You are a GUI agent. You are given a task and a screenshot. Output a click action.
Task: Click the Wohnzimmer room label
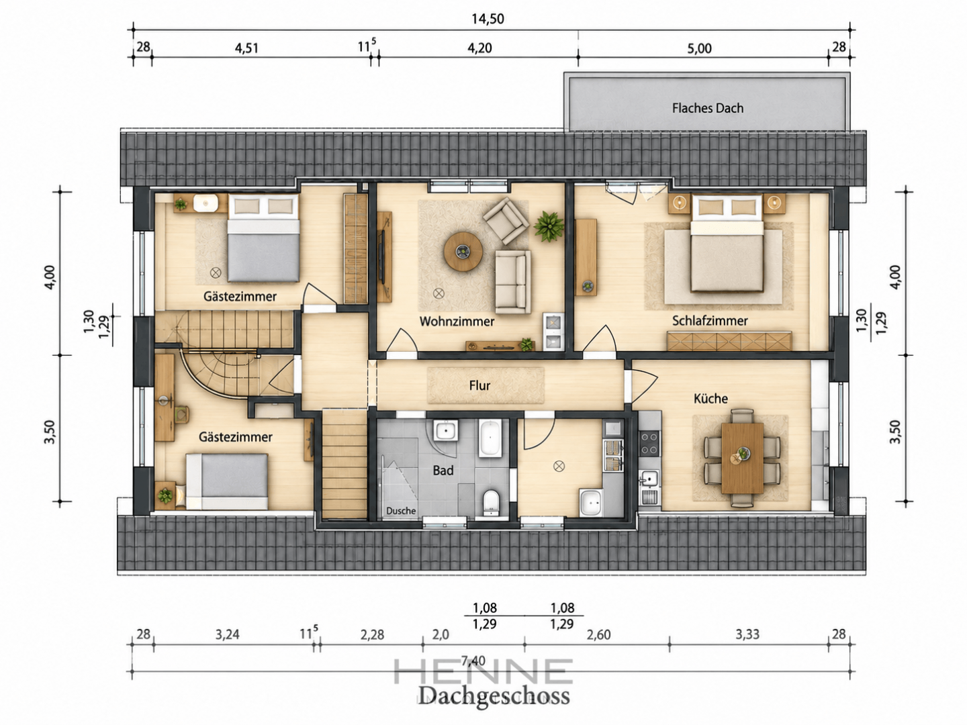[x=457, y=322]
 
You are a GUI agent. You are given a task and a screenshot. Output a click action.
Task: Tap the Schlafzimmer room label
[x=710, y=320]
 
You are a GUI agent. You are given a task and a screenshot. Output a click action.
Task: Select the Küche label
[x=710, y=398]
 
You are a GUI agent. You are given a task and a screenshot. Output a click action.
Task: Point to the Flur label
[x=479, y=385]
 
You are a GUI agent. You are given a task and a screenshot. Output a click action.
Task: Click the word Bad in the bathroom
[x=443, y=471]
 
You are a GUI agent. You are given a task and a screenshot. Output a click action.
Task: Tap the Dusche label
[x=401, y=511]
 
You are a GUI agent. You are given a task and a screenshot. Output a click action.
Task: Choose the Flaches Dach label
[x=708, y=108]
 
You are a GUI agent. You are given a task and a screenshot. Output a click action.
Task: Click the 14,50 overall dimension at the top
[x=488, y=19]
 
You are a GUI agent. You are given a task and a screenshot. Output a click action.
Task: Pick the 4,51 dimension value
[x=246, y=48]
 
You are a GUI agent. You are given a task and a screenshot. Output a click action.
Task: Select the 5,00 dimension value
[x=700, y=48]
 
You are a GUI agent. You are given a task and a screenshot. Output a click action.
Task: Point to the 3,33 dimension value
[x=747, y=634]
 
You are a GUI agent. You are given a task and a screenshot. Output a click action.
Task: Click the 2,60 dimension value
[x=599, y=634]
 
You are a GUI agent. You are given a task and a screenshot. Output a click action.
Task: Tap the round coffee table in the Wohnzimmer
[x=463, y=251]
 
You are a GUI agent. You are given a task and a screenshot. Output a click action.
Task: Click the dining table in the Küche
[x=742, y=458]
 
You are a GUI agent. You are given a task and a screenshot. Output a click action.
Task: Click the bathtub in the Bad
[x=490, y=438]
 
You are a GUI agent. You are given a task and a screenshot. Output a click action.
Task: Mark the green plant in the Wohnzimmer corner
[x=549, y=226]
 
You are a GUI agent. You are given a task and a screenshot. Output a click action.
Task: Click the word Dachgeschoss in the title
[x=494, y=696]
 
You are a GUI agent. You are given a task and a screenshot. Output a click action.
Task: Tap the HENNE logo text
[x=483, y=671]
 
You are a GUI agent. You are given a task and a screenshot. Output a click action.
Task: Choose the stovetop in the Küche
[x=650, y=443]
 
